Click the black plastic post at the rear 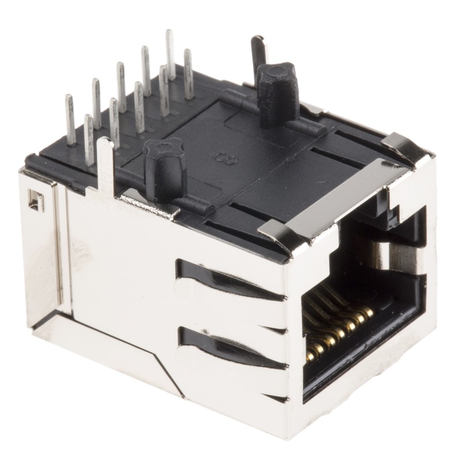(x=278, y=92)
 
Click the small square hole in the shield (x=36, y=201)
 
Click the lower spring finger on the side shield (x=231, y=346)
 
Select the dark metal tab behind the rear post (x=259, y=52)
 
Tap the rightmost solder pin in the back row (x=188, y=75)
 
